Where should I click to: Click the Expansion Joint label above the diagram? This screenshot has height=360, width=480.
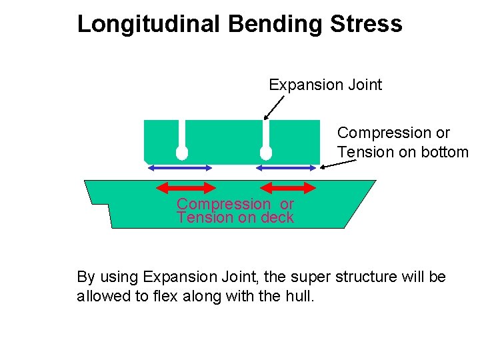[x=325, y=85]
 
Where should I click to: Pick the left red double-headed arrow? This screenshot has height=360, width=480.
[x=187, y=187]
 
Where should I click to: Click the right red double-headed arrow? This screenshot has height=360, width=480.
[x=286, y=187]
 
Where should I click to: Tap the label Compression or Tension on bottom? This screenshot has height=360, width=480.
[x=401, y=143]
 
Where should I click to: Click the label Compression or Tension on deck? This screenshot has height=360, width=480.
[x=235, y=211]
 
